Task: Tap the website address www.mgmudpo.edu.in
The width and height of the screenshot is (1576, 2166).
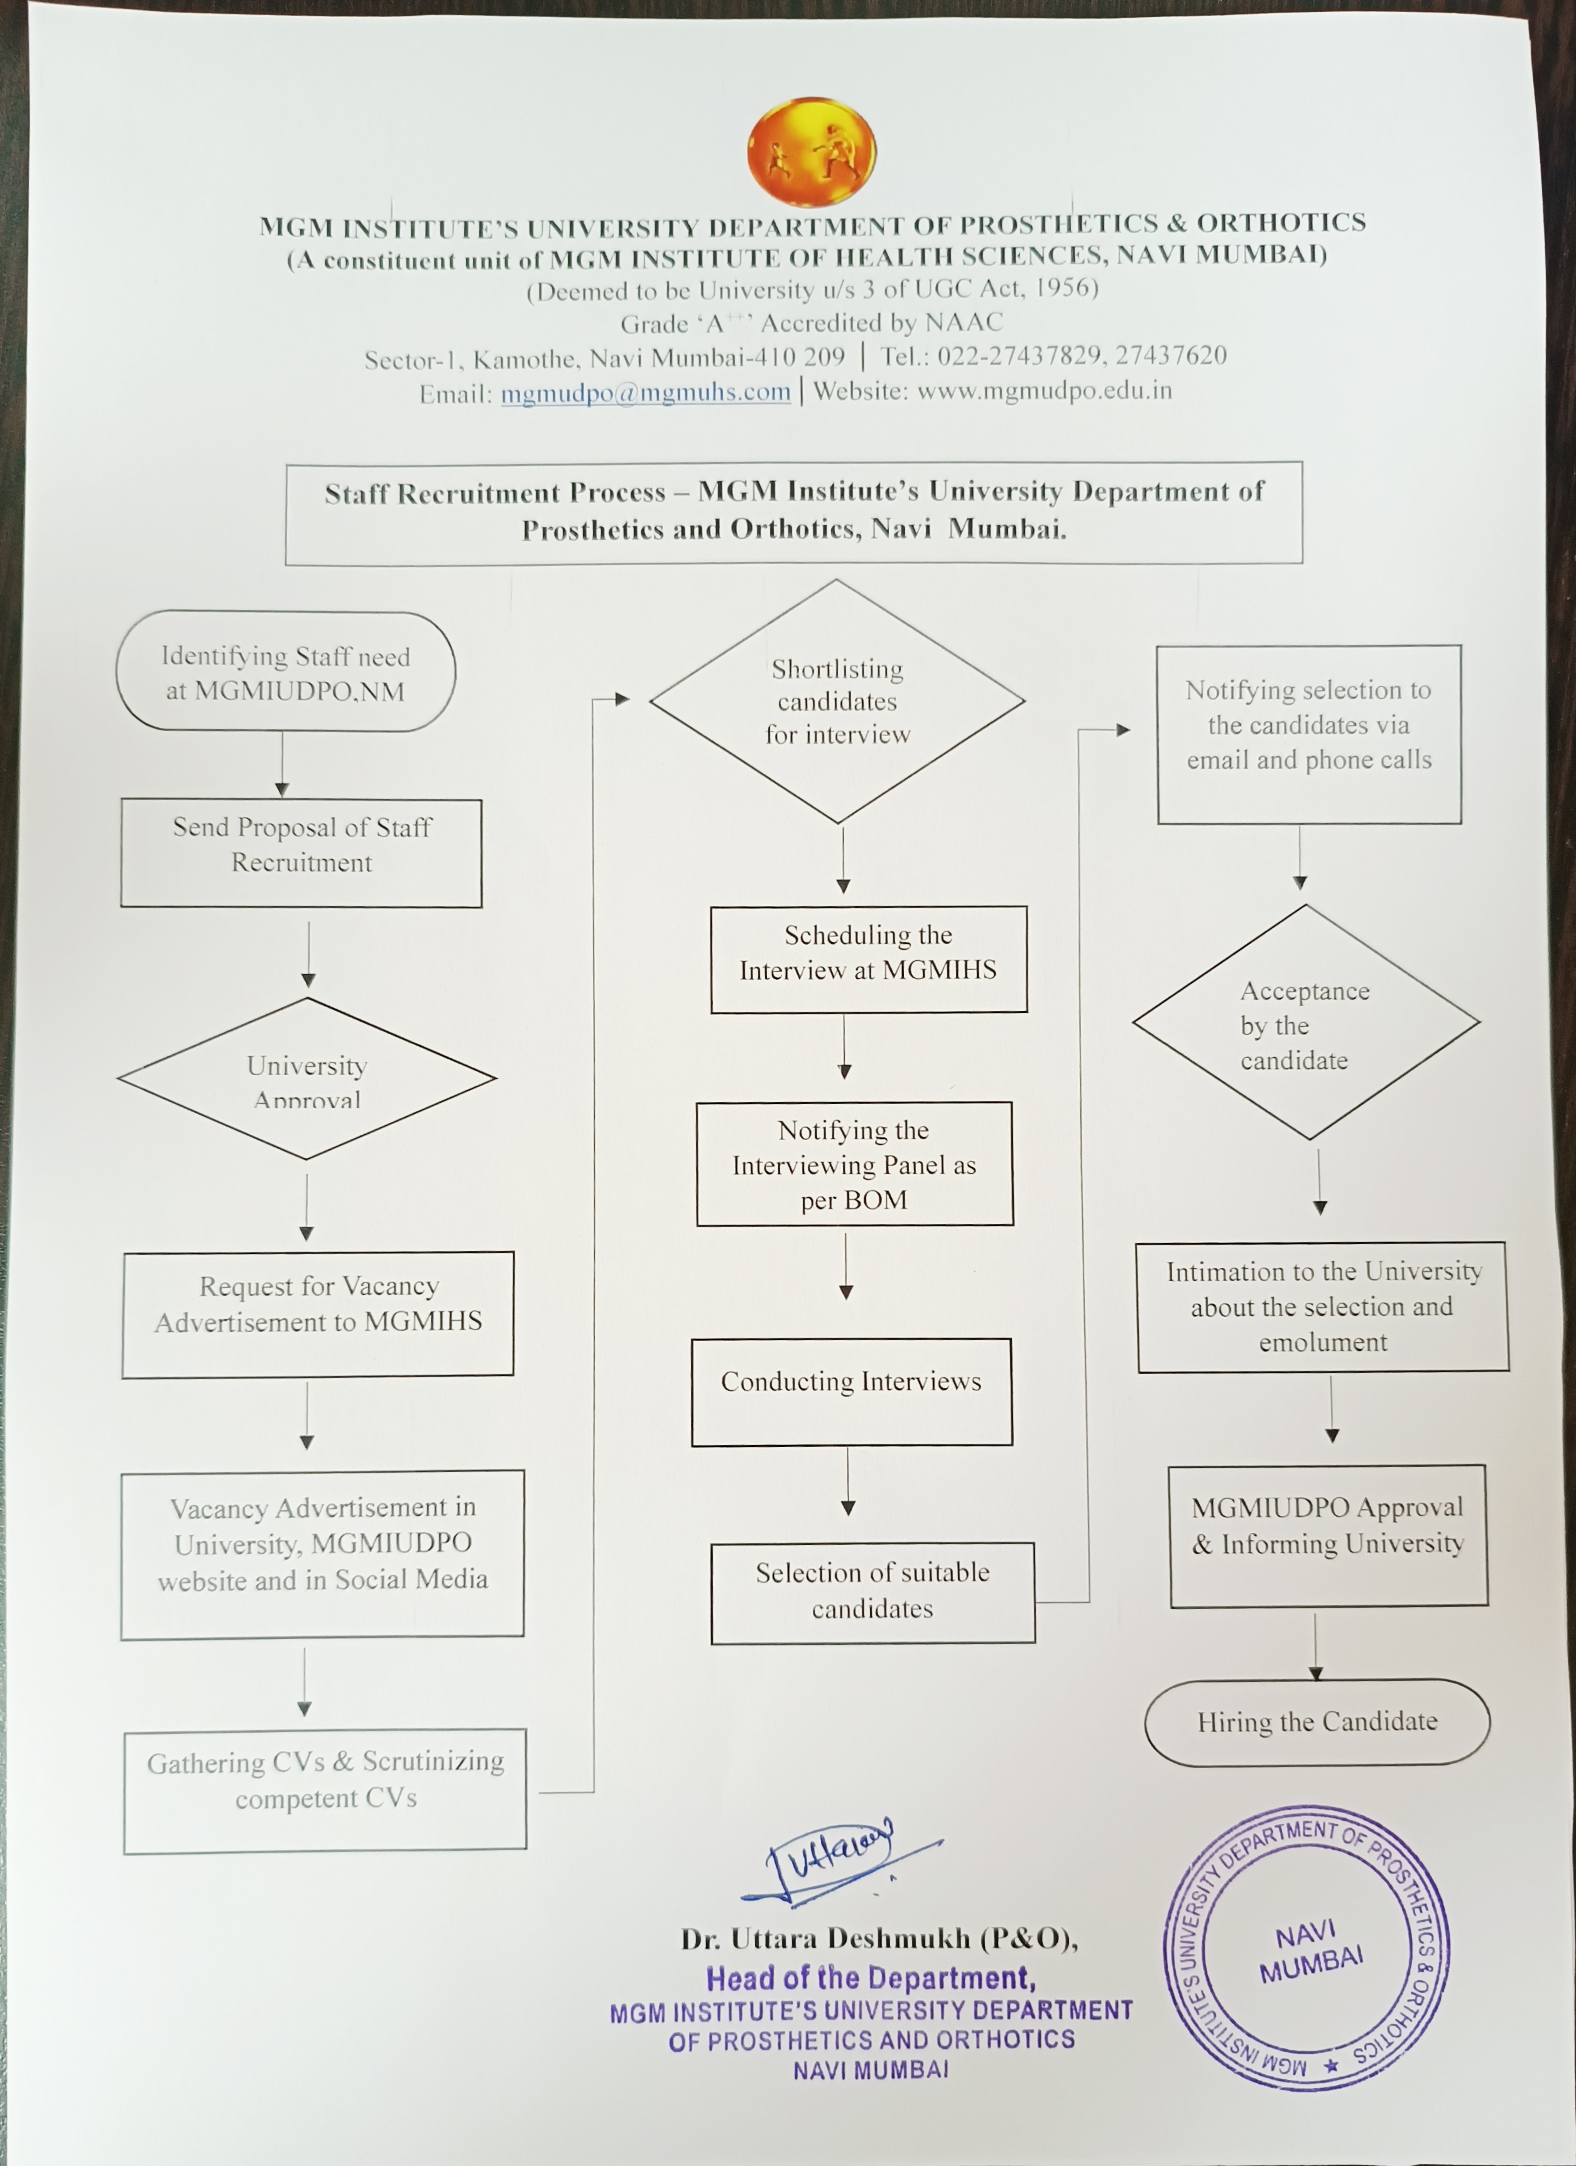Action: click(x=1044, y=391)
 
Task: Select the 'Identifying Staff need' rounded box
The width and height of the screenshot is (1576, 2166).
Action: click(x=286, y=673)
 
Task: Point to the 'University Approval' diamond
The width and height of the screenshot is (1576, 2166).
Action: click(x=307, y=1078)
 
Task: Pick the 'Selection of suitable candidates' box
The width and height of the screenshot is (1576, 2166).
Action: click(x=872, y=1592)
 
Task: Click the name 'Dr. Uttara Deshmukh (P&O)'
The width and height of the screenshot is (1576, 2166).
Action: click(x=879, y=1939)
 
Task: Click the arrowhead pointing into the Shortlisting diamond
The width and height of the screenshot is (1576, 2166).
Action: click(x=622, y=699)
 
